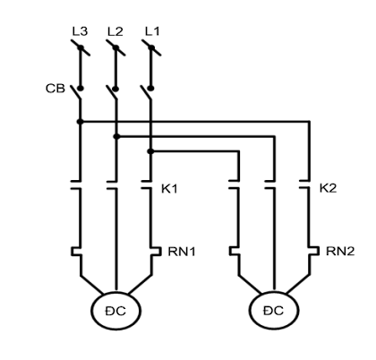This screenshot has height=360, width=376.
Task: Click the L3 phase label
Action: [80, 31]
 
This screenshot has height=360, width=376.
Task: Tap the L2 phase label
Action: [115, 31]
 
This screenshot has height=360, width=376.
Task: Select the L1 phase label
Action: [152, 31]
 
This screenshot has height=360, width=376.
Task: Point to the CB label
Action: [56, 89]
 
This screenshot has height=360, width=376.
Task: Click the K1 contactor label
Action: [169, 189]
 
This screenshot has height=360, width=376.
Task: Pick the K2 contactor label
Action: [328, 188]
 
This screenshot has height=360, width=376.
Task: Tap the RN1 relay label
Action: [182, 252]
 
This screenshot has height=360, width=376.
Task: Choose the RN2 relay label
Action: [340, 252]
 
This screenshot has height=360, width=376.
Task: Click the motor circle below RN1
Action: [115, 311]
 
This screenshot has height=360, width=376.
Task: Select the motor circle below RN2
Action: [274, 311]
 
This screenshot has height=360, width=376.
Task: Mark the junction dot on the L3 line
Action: [80, 122]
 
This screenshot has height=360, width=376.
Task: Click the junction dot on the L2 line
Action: [116, 136]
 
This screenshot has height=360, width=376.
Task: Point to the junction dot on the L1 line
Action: [150, 151]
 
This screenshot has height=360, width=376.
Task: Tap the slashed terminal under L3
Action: [81, 47]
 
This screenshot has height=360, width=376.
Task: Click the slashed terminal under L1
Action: [151, 47]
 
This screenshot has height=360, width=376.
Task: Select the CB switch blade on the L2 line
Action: [112, 92]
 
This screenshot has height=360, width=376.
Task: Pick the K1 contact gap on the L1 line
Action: [147, 184]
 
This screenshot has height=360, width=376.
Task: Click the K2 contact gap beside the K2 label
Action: [304, 184]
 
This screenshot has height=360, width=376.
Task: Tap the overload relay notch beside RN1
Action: [156, 252]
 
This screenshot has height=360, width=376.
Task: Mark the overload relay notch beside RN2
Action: [314, 251]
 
